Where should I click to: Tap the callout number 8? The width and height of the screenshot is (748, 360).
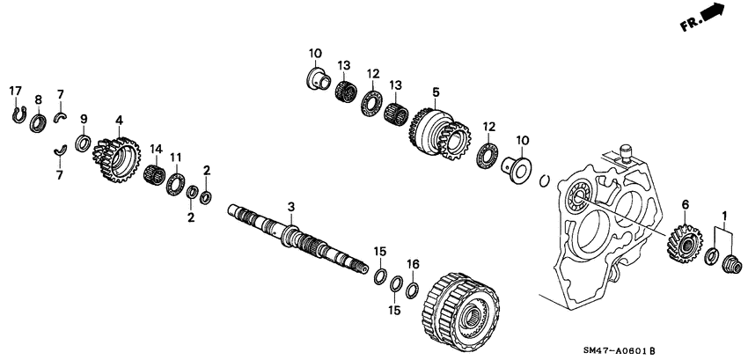[38, 99]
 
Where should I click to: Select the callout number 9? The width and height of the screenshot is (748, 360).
[84, 119]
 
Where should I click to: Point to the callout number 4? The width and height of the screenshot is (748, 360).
[119, 119]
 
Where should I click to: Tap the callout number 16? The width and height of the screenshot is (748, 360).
[413, 263]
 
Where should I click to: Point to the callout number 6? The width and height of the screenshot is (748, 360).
[684, 205]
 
